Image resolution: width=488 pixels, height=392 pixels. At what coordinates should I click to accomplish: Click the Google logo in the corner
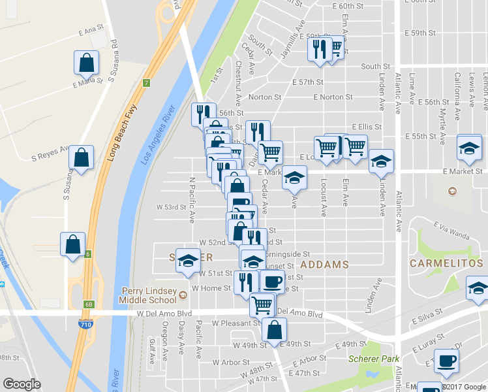click(22, 384)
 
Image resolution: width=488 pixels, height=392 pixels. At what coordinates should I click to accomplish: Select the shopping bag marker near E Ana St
click(87, 63)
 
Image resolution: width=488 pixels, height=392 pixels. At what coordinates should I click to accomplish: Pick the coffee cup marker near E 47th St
click(447, 361)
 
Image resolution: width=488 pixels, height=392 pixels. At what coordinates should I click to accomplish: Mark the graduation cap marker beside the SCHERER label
click(188, 260)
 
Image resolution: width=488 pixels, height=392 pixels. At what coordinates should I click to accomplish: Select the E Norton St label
click(333, 97)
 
